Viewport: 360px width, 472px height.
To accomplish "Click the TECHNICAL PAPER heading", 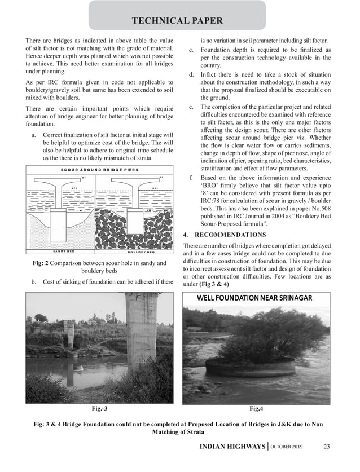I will click(177, 21).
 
